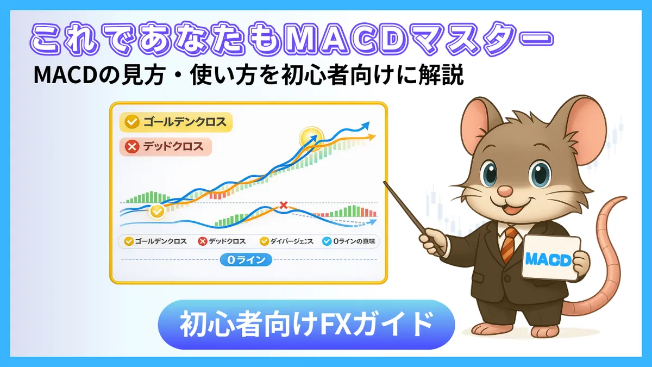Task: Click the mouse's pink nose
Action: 505,191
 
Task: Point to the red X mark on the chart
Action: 283,205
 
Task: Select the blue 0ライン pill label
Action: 246,260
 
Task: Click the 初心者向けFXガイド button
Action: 305,324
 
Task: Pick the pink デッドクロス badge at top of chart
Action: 165,146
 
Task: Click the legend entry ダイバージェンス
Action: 286,241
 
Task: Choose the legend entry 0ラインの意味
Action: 348,241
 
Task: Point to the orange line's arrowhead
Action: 372,137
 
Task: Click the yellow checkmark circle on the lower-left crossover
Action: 157,211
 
